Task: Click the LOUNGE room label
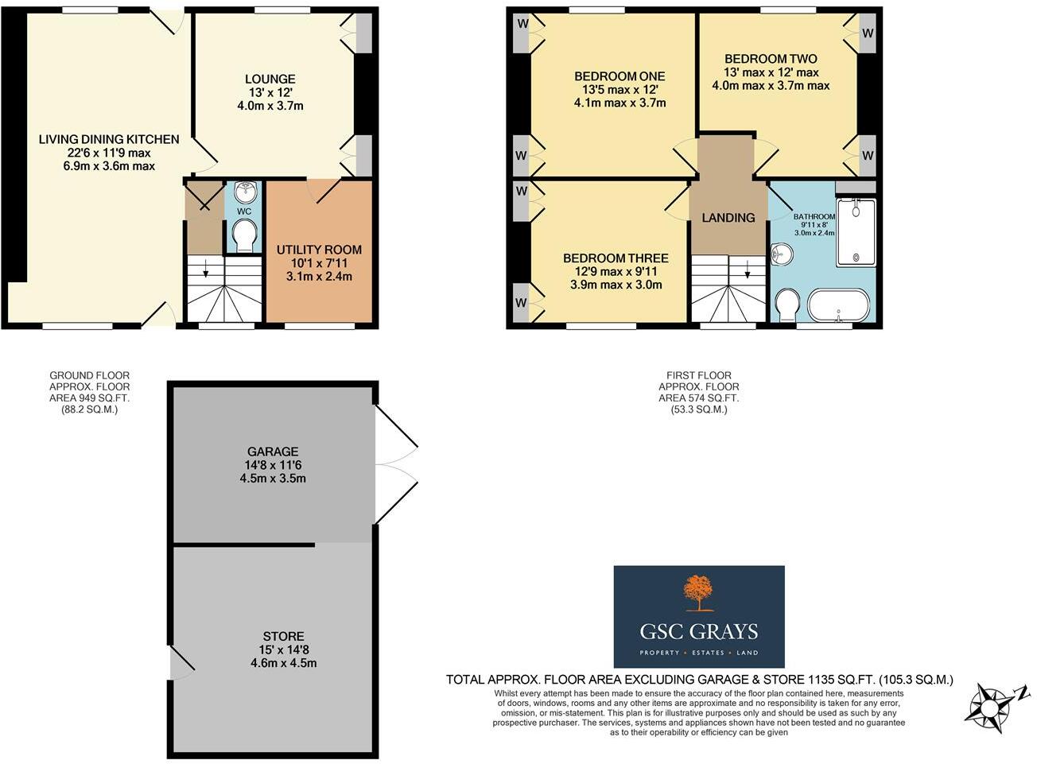270,79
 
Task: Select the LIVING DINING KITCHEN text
109,139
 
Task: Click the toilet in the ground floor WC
244,235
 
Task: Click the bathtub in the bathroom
839,305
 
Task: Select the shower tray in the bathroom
856,232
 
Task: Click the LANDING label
728,218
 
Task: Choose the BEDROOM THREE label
616,258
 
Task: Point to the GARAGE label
272,452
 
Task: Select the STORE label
283,636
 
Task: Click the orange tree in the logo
698,591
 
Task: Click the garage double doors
395,465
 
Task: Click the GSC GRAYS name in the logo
698,632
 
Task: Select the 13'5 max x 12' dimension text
619,90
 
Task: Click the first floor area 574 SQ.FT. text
698,398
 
